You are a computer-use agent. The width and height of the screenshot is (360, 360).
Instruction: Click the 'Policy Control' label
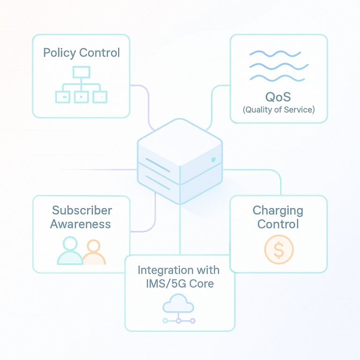click(x=81, y=52)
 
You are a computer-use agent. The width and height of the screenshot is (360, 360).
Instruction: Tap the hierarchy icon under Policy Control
click(x=81, y=85)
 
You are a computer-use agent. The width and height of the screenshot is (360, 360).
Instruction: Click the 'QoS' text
click(x=278, y=97)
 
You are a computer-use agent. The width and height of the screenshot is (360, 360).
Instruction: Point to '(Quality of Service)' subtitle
click(x=278, y=110)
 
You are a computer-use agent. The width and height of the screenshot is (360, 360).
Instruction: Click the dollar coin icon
click(x=279, y=249)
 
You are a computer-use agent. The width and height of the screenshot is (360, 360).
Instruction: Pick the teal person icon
click(x=70, y=251)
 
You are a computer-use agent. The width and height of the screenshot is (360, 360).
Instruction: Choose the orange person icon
click(x=93, y=253)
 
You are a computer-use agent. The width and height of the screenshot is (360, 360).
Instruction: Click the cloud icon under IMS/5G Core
click(x=178, y=304)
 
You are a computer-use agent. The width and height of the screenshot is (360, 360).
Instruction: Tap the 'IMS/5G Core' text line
click(x=179, y=284)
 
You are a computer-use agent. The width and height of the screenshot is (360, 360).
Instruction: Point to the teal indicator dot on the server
click(x=213, y=159)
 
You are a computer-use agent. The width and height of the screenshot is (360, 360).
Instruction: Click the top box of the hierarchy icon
click(x=81, y=72)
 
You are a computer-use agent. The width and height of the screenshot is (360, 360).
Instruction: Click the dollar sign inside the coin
click(x=279, y=250)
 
